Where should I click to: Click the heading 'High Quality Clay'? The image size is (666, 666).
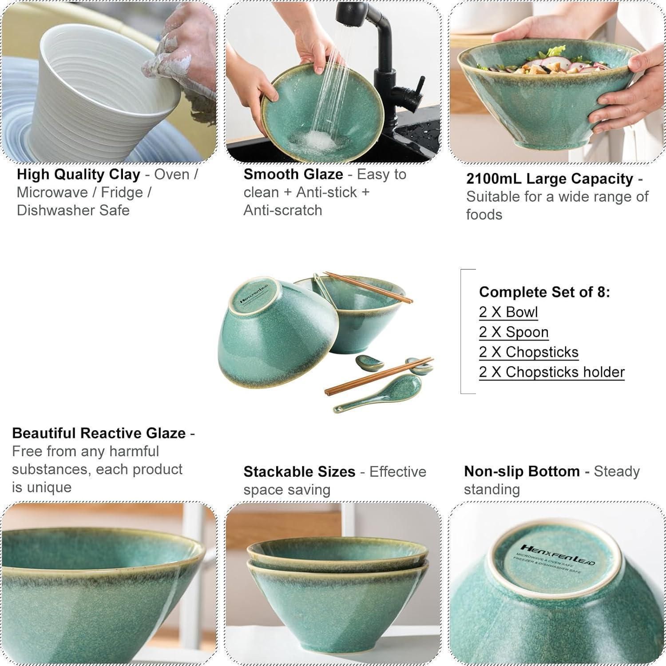[78, 174]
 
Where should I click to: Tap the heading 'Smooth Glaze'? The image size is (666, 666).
[293, 174]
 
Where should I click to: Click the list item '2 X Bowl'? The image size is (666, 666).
[508, 312]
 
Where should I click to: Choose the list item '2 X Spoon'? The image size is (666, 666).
[514, 332]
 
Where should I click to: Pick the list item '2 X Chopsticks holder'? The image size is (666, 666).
[552, 372]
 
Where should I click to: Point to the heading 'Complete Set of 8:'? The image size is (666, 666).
[545, 292]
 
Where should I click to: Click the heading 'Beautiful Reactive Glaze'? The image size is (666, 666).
[99, 433]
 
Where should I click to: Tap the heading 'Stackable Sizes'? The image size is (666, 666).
[300, 472]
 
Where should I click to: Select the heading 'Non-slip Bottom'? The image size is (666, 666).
[522, 471]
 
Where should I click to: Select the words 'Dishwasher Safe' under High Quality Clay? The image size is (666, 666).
[73, 210]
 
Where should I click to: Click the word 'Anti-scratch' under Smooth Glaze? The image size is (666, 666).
[283, 210]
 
